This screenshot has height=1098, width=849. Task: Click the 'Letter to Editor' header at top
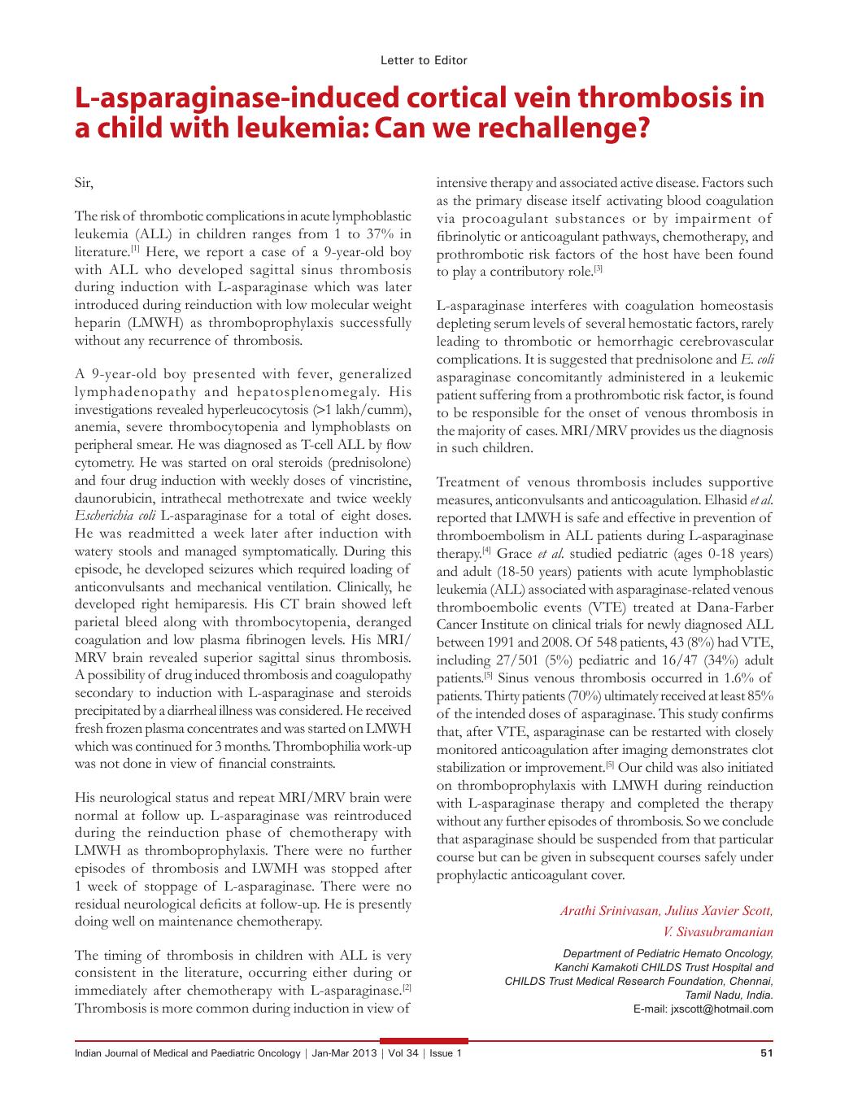point(424,60)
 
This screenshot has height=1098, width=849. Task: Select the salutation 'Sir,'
point(85,183)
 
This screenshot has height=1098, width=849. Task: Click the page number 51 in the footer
point(766,1054)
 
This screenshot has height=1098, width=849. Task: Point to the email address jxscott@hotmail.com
point(721,1009)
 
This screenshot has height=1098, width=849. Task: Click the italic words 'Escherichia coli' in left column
point(115,516)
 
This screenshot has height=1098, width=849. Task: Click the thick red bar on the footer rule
point(424,1040)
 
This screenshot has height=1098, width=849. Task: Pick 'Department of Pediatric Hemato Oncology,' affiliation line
point(668,953)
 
